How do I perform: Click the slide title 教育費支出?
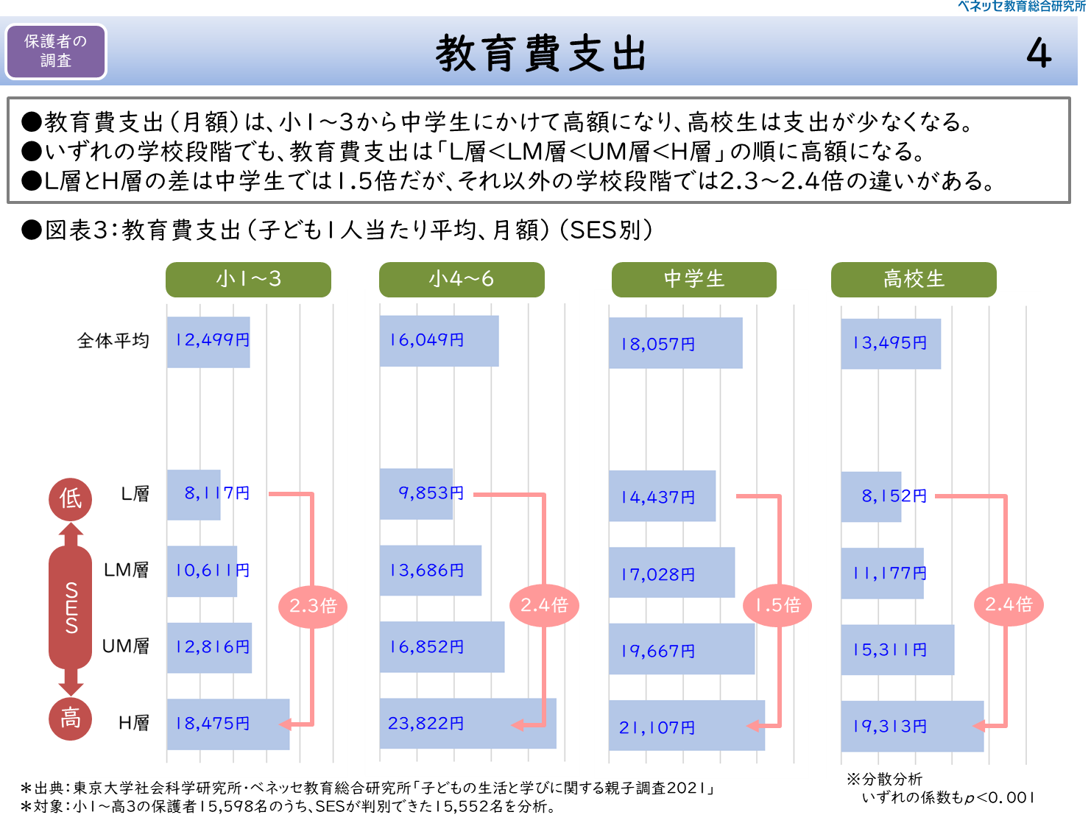pos(541,54)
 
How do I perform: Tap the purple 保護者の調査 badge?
pos(56,52)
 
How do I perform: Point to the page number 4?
pos(1039,54)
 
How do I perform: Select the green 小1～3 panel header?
pos(248,279)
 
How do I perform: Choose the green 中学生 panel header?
pos(693,279)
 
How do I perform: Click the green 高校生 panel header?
pos(913,279)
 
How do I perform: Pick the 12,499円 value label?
pos(212,340)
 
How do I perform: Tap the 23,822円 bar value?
pos(426,724)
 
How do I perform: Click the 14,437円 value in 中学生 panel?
pos(657,498)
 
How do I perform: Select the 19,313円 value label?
pos(889,727)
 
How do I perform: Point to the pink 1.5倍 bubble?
pos(777,605)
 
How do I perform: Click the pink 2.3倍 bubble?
pos(313,606)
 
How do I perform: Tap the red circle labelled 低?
pos(71,498)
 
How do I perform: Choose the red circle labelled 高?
pos(71,718)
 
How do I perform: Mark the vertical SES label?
pos(71,607)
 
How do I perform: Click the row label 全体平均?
pos(113,340)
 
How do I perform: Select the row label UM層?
pos(125,646)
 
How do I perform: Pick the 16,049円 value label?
pos(426,340)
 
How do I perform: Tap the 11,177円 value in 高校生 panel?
pos(889,573)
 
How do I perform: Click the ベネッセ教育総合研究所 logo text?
pos(1022,7)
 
